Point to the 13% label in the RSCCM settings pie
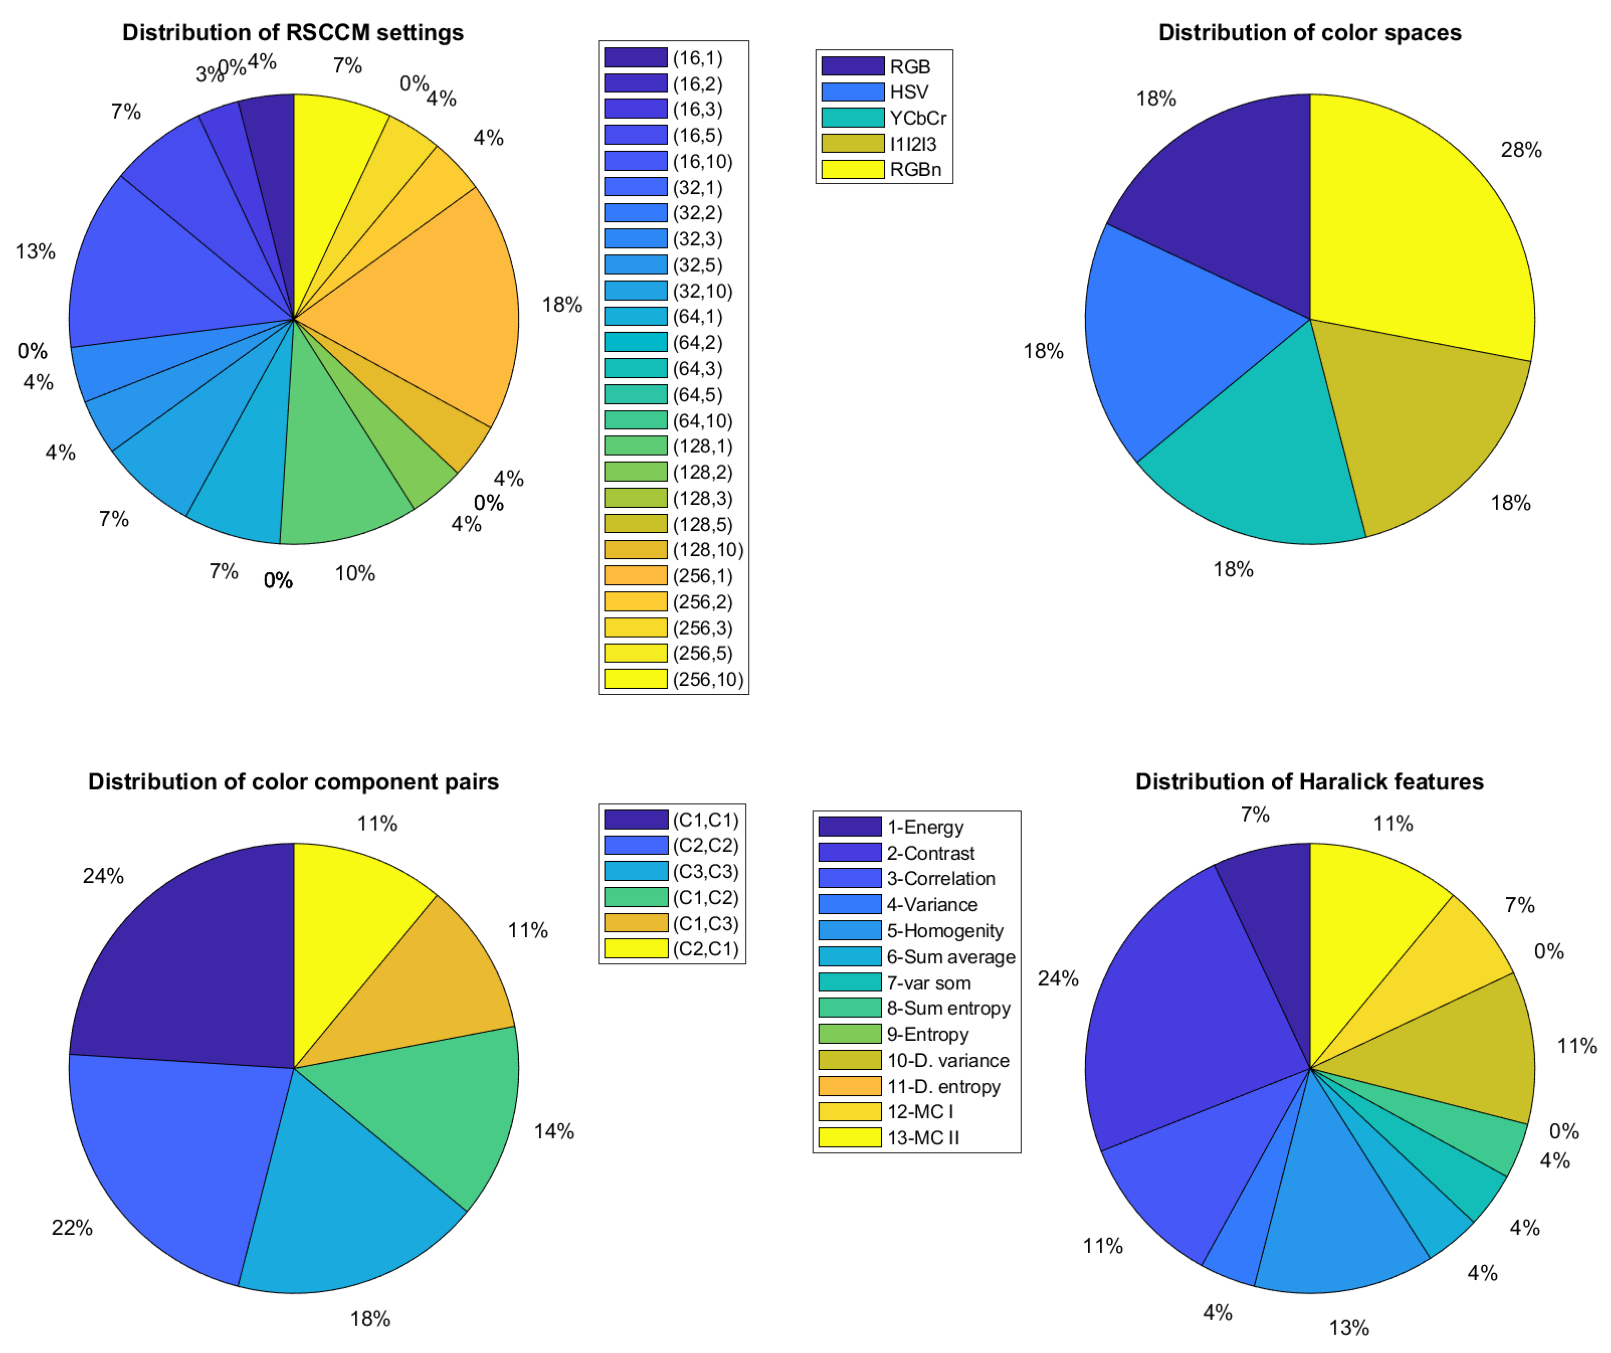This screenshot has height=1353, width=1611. (x=35, y=252)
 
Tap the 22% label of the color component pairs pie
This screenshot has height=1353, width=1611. (x=72, y=1228)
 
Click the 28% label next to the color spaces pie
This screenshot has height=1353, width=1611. (x=1521, y=150)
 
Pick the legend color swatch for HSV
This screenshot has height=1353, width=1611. (x=852, y=92)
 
